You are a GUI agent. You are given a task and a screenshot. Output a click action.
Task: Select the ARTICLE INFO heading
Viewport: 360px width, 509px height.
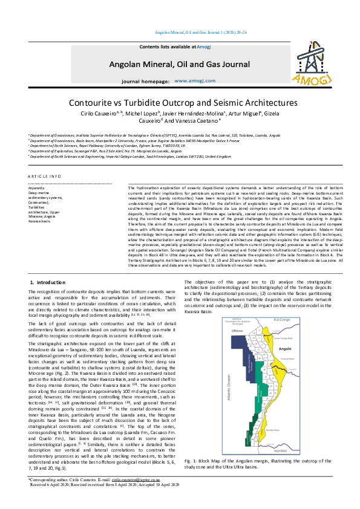pyautogui.click(x=45, y=176)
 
